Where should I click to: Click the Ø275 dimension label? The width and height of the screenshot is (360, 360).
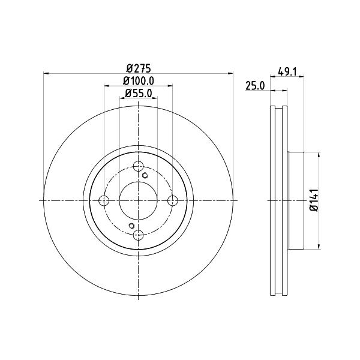138,68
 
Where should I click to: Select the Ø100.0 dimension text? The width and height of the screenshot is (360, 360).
139,81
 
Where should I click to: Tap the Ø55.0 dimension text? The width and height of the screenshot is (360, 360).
139,94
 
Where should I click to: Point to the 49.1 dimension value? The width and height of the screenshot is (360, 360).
287,71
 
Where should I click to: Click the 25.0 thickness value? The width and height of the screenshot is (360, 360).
255,86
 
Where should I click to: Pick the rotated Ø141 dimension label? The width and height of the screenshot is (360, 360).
314,200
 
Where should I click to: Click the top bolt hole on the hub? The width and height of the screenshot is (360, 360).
139,166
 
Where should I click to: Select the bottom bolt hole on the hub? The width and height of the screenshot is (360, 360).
139,235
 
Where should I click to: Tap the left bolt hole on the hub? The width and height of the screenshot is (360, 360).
104,200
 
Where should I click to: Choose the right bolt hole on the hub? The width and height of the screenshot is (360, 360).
173,200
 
